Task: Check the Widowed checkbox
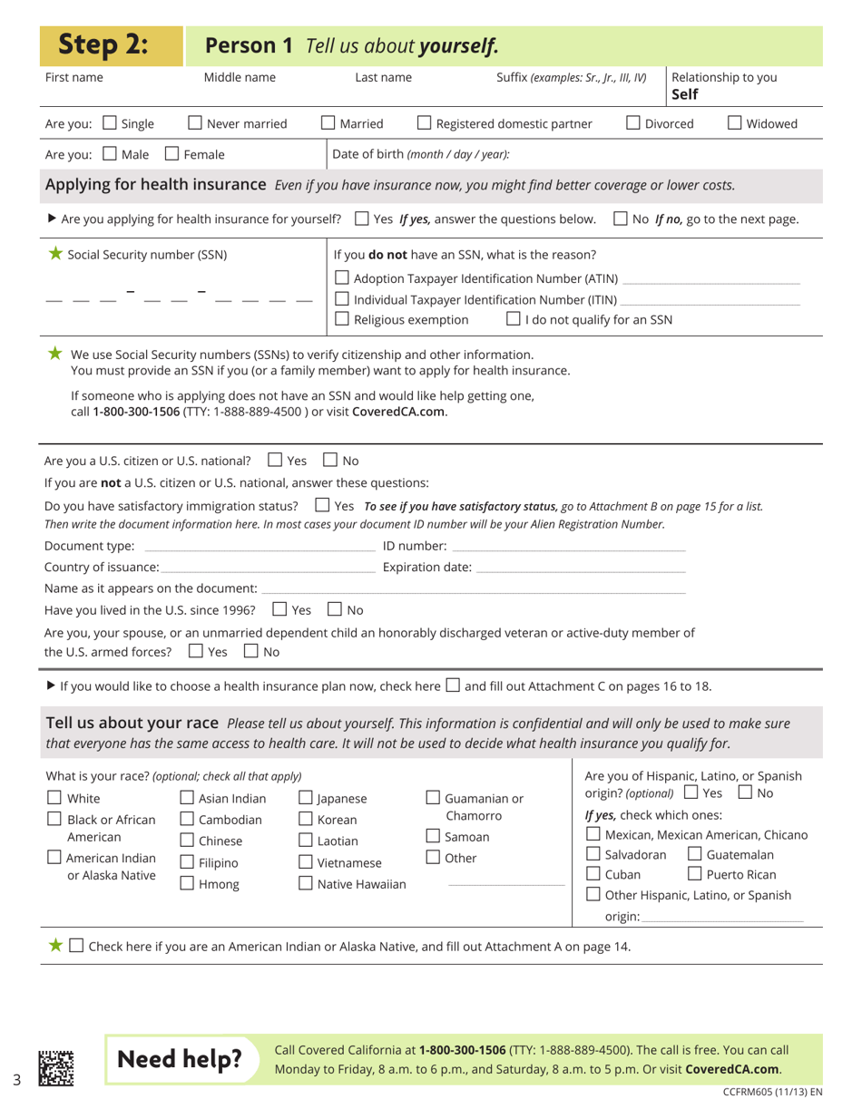point(736,123)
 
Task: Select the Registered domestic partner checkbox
point(425,123)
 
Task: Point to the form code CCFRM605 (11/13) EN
point(772,1094)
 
